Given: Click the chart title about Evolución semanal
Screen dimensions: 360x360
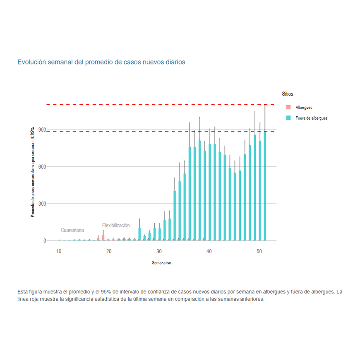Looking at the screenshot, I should (101, 62).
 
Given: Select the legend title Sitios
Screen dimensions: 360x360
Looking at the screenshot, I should (288, 94).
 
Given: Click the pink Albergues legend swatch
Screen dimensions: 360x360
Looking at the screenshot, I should (288, 108).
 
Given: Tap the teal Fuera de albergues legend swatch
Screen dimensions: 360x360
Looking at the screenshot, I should (288, 118).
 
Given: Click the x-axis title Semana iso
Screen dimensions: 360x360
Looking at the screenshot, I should (161, 263).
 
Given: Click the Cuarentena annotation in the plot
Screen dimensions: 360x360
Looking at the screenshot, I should (72, 230).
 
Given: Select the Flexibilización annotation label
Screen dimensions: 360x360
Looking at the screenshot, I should (116, 226).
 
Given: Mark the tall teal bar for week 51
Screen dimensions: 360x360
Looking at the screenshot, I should (265, 186).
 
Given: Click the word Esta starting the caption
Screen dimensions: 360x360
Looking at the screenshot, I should (24, 292).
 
